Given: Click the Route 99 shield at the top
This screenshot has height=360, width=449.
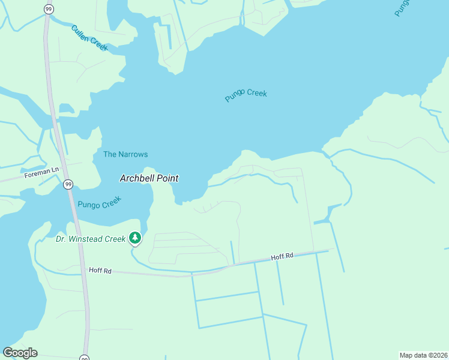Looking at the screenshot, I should [x=47, y=8].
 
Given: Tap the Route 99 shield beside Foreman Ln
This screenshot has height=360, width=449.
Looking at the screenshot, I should [x=68, y=184].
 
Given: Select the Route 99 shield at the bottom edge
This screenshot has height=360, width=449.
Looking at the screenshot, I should [x=84, y=358].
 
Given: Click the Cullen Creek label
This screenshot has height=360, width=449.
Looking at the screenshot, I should [x=88, y=37].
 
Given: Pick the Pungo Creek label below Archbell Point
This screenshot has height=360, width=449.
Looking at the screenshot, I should [x=100, y=202].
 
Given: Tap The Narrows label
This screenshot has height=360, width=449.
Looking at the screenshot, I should [x=125, y=154].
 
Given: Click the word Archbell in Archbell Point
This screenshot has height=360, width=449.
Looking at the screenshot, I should [x=139, y=178].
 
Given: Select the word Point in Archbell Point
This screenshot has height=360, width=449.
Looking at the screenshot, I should [x=169, y=178].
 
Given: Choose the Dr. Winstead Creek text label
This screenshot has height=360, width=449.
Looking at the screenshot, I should [x=90, y=239].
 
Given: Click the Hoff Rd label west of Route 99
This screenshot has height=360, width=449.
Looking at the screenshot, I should [x=100, y=271].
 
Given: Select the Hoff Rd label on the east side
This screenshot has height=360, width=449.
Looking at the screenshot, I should [x=282, y=256].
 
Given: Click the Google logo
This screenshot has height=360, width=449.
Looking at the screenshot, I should [x=20, y=352].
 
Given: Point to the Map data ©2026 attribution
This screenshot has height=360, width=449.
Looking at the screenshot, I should [x=423, y=355].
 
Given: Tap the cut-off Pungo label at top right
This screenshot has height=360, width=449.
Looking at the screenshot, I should [x=403, y=7].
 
